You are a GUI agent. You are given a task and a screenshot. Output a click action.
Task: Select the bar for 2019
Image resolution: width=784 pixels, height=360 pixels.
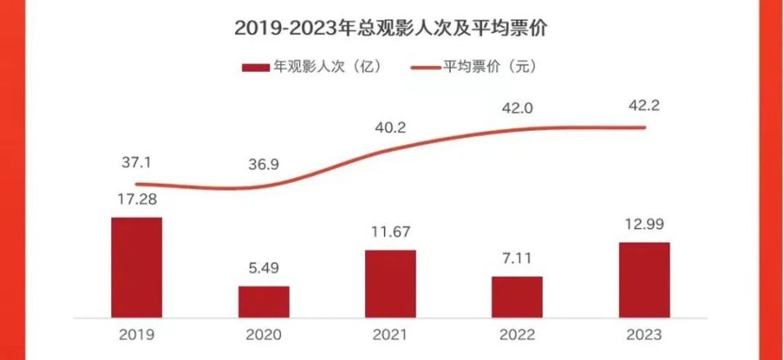point(136,267)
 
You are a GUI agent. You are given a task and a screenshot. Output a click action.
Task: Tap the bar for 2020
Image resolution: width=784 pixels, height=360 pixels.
point(264,301)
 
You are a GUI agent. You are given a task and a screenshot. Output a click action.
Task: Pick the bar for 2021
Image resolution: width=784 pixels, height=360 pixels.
point(390,283)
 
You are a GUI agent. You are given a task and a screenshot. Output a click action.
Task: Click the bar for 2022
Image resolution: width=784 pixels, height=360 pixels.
point(517,296)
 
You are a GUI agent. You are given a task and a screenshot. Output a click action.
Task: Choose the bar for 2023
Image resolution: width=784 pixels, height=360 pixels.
point(644,279)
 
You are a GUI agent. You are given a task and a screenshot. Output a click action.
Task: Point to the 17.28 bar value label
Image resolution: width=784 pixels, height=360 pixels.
point(136,200)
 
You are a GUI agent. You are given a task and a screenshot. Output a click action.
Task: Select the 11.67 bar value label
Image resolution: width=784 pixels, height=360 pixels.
point(390,233)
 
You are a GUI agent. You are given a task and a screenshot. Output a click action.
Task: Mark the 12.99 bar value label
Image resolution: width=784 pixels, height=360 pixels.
point(644,225)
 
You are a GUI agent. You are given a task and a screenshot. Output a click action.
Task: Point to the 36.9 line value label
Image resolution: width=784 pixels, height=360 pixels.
point(264,165)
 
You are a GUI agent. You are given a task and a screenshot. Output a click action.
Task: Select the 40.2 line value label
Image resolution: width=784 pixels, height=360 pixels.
point(390,127)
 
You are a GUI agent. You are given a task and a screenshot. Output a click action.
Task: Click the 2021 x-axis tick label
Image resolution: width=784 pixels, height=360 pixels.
point(390,336)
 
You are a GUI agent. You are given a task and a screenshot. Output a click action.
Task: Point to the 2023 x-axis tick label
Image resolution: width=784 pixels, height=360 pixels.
point(644,336)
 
